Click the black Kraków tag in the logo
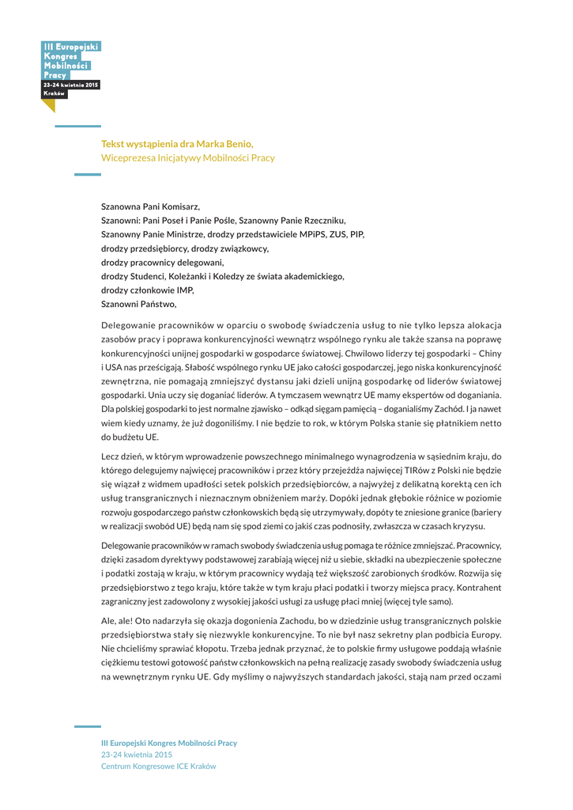pos(55,93)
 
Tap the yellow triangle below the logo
pos(49,105)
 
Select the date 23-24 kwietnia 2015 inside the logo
pos(71,85)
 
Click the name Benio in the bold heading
pos(239,143)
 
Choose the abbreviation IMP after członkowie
pos(185,290)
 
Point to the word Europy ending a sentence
pos(482,634)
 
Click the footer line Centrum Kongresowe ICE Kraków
pos(158,766)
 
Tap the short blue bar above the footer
pos(87,726)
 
